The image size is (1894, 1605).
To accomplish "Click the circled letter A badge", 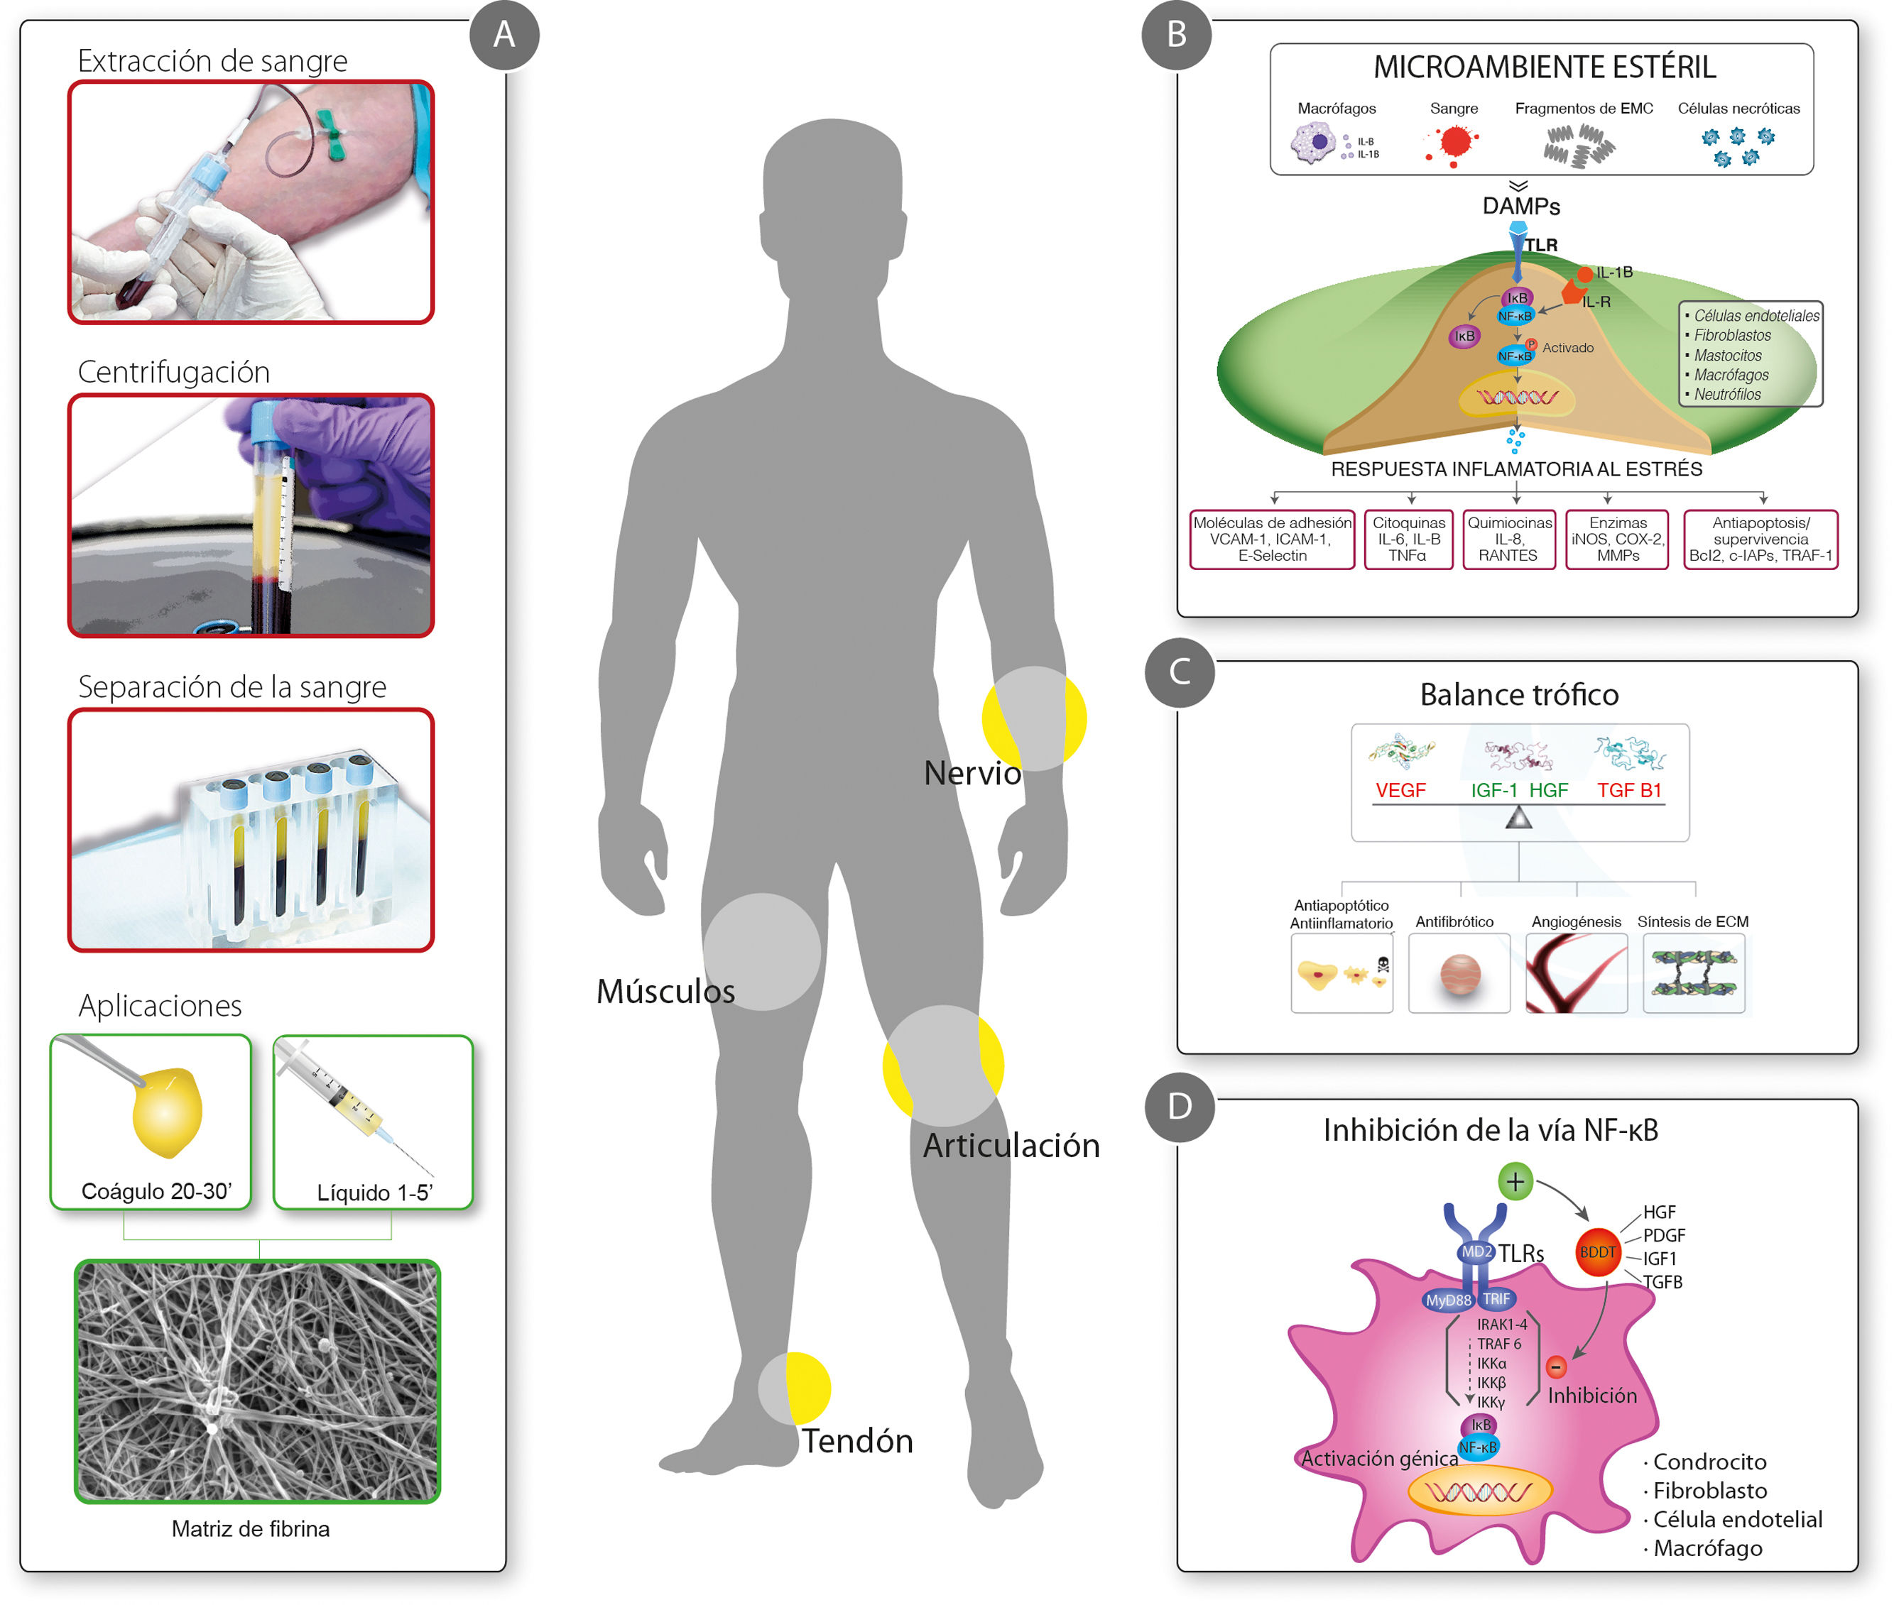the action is pos(504,35).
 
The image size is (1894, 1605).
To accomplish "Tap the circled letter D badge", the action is pos(1180,1107).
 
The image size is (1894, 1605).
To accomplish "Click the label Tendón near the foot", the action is pos(856,1441).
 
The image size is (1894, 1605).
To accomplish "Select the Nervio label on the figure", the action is pos(972,772).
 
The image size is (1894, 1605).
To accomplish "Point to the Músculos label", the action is pos(665,991).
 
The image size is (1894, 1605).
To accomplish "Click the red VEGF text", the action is pos(1400,790).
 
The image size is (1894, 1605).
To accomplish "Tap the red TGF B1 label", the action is pos(1629,790).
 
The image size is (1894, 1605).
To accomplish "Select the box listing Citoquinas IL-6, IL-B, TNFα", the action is pos(1408,539).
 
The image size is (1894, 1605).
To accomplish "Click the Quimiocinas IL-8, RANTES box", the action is pos(1508,539).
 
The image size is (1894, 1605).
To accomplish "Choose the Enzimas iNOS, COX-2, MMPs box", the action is pos(1616,539).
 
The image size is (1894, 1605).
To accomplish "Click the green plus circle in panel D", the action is pos(1515,1182).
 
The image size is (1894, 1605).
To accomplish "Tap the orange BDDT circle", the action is pos(1597,1252).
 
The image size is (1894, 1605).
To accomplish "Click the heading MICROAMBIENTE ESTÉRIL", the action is pos(1545,67).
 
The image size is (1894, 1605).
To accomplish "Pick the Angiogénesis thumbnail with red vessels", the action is pos(1575,973).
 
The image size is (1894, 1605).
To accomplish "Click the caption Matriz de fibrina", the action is pos(250,1528).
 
